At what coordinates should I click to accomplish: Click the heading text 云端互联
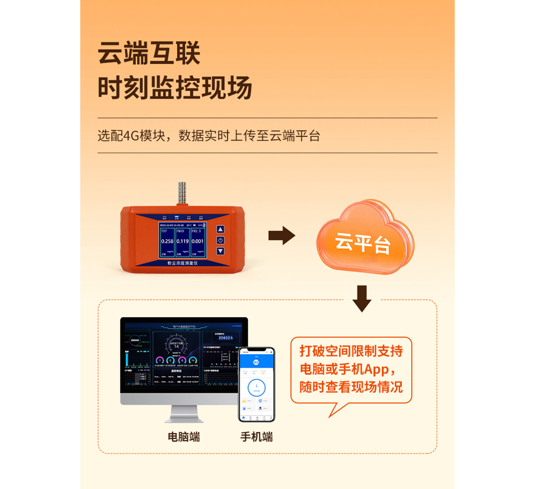coord(149,54)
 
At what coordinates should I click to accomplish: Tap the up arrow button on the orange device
coord(220,230)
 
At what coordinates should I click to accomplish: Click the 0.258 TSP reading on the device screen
coord(167,241)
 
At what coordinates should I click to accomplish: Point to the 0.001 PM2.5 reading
coord(197,241)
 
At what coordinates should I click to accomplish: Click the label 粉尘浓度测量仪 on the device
coord(181,264)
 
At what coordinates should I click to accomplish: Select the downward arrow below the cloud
coord(362,298)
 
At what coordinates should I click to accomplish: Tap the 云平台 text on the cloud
coord(362,243)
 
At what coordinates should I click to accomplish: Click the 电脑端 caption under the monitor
coord(184,437)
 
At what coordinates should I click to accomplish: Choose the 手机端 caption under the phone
coord(256,437)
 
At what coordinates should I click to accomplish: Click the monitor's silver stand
coord(184,413)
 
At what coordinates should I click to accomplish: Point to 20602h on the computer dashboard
coord(225,338)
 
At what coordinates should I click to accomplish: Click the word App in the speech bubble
coord(379,369)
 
